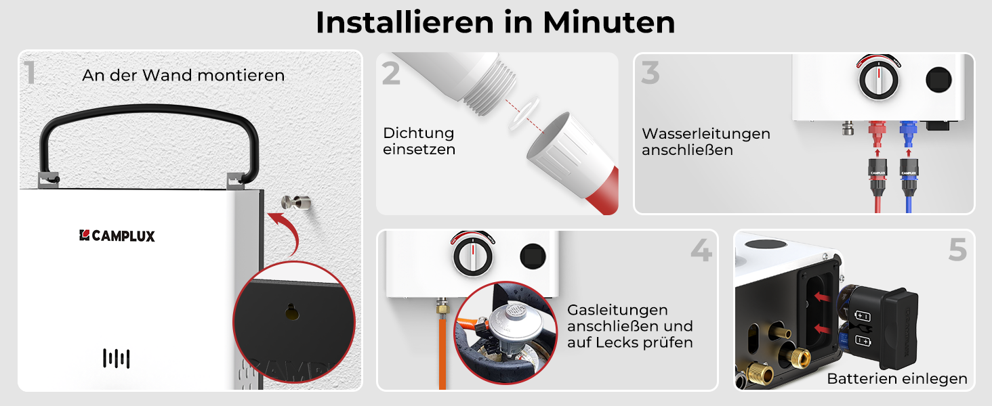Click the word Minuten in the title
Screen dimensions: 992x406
click(609, 22)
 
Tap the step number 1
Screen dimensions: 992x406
click(30, 72)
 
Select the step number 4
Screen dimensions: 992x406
click(701, 250)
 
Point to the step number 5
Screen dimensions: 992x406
click(957, 250)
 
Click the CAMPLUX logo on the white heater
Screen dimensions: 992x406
click(117, 235)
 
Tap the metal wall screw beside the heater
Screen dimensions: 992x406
click(296, 202)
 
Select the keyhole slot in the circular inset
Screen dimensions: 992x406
click(291, 312)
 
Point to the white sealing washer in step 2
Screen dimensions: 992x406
click(524, 113)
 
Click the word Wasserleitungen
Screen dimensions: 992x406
click(706, 133)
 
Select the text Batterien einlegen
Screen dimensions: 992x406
click(896, 378)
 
